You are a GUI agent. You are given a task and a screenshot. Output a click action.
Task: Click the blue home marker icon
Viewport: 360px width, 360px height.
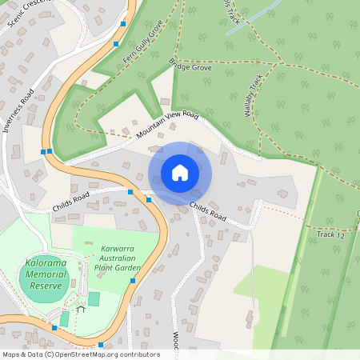pyautogui.click(x=180, y=173)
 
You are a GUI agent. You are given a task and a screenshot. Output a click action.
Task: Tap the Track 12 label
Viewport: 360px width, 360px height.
pyautogui.click(x=330, y=234)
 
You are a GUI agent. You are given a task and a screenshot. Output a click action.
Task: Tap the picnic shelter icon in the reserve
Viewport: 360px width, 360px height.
pyautogui.click(x=80, y=308)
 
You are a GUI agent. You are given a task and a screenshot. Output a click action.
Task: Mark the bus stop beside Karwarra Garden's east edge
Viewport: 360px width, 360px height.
pyautogui.click(x=133, y=281)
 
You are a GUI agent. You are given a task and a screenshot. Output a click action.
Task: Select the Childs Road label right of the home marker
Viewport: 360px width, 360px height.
pyautogui.click(x=209, y=213)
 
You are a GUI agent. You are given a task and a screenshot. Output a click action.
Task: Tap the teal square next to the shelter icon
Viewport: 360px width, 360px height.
pyautogui.click(x=94, y=299)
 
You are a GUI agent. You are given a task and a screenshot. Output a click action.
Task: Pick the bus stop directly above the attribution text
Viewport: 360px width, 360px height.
pyautogui.click(x=101, y=345)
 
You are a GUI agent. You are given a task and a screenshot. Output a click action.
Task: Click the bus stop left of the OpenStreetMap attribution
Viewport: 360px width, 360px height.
pyautogui.click(x=54, y=327)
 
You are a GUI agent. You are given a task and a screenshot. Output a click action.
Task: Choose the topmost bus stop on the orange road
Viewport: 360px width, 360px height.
pyautogui.click(x=123, y=24)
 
